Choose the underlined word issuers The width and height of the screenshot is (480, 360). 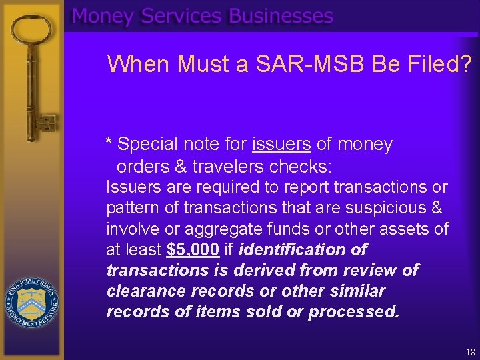281,144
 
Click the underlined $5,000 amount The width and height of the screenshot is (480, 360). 193,250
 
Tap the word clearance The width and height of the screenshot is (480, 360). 146,291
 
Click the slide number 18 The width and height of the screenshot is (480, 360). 469,351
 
